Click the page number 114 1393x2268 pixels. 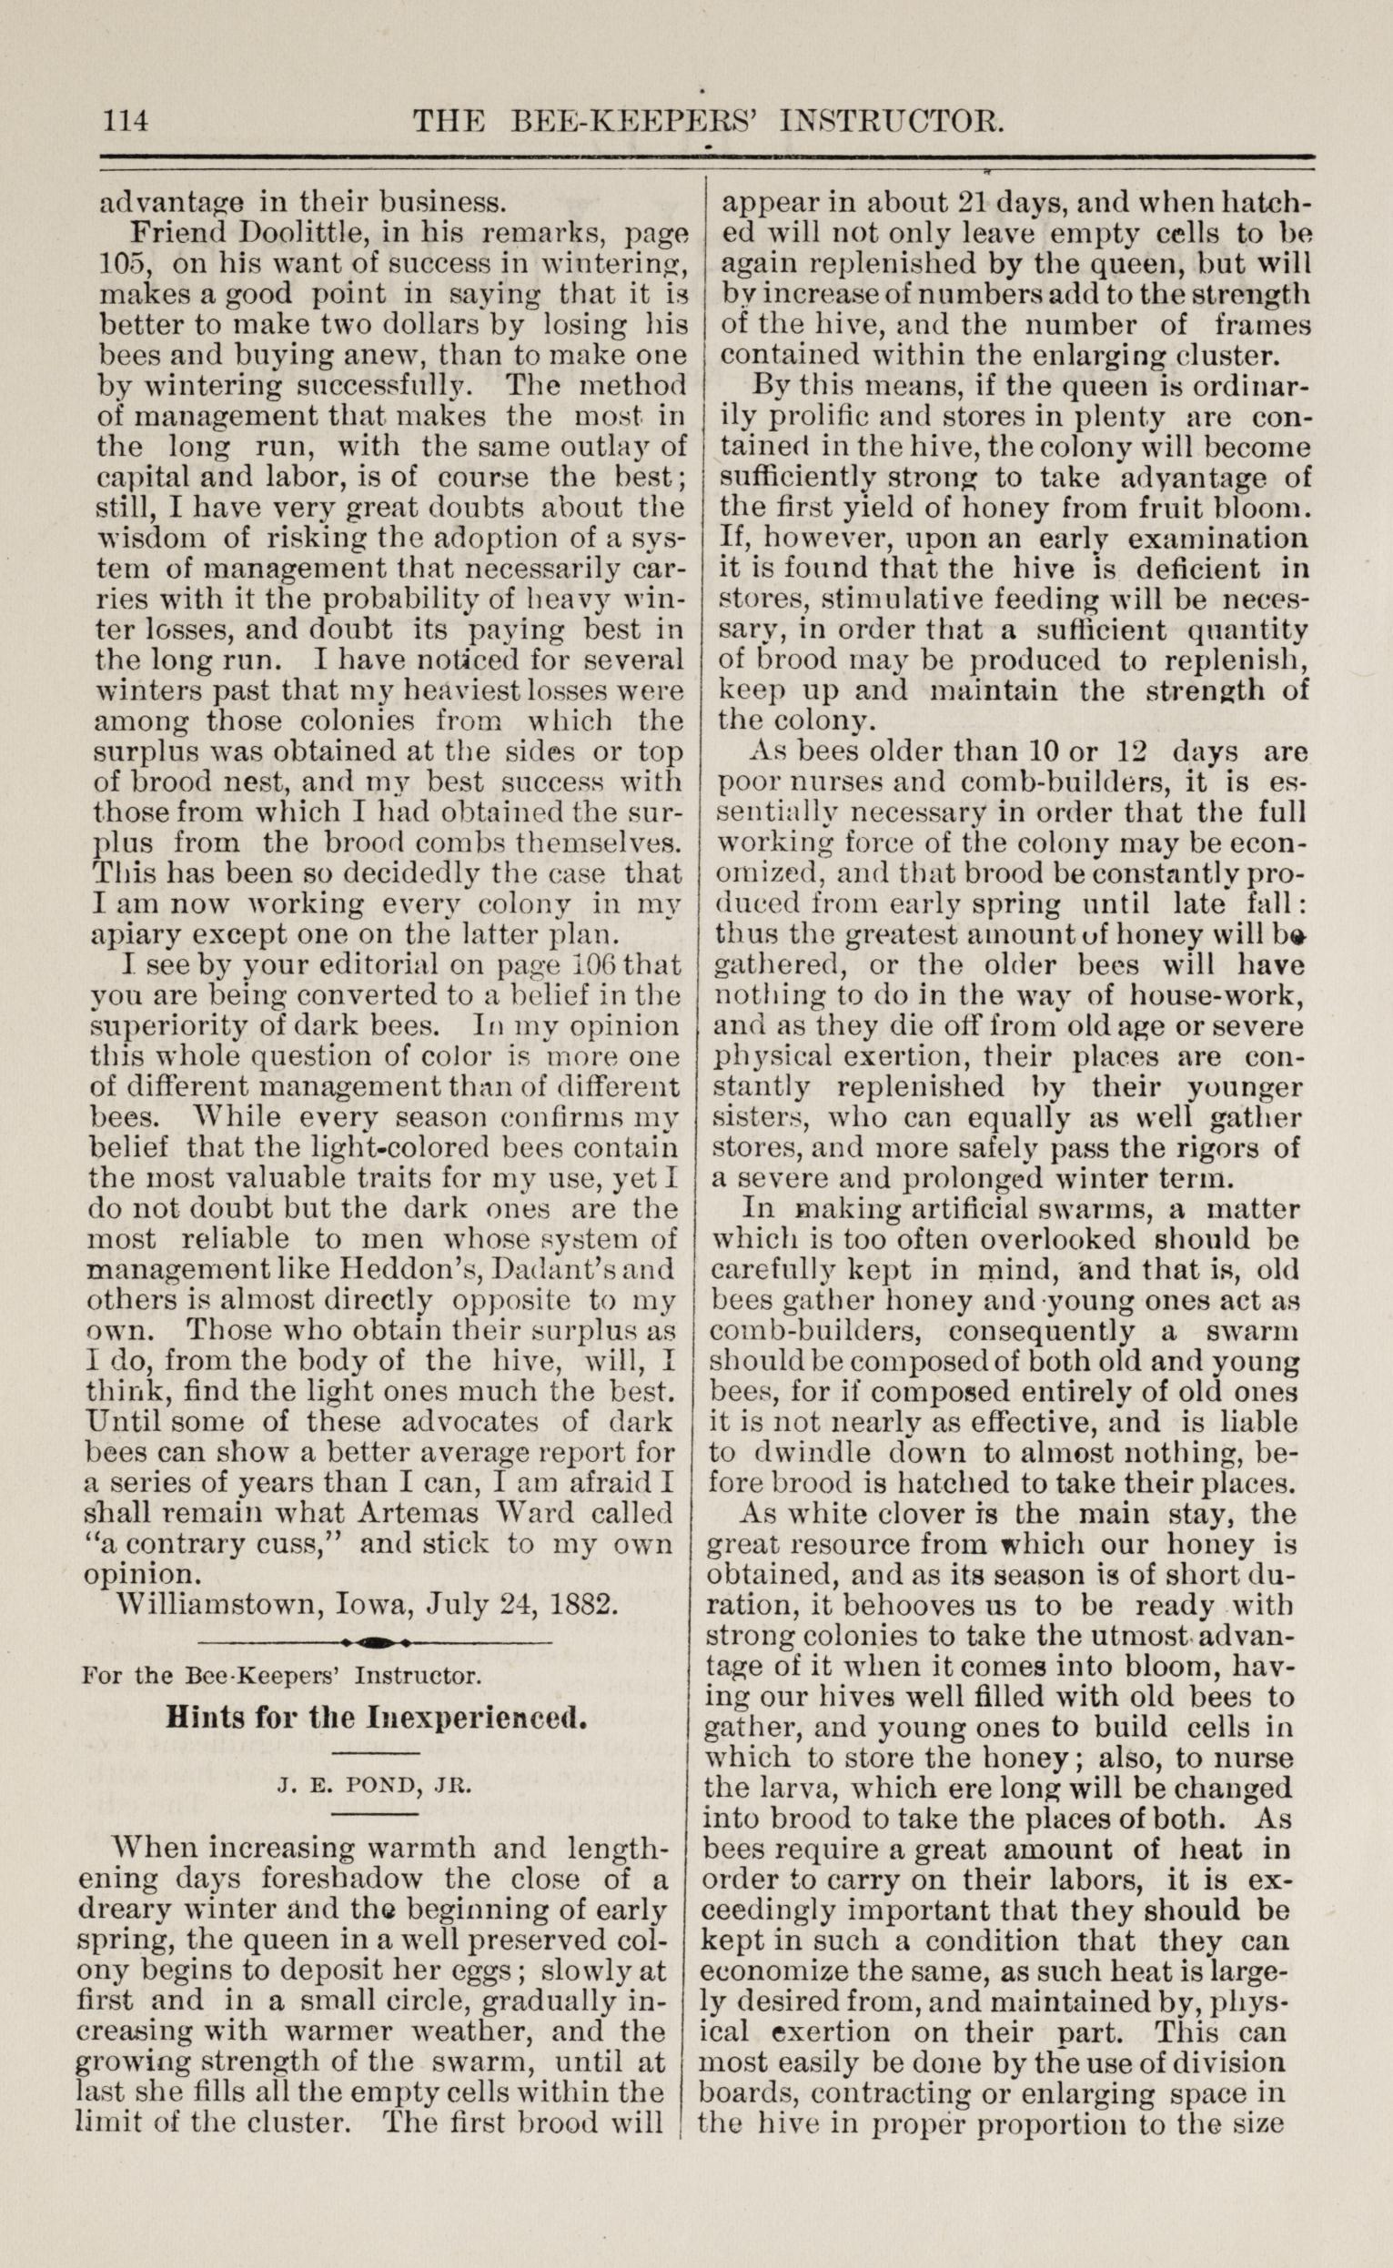pyautogui.click(x=127, y=122)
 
